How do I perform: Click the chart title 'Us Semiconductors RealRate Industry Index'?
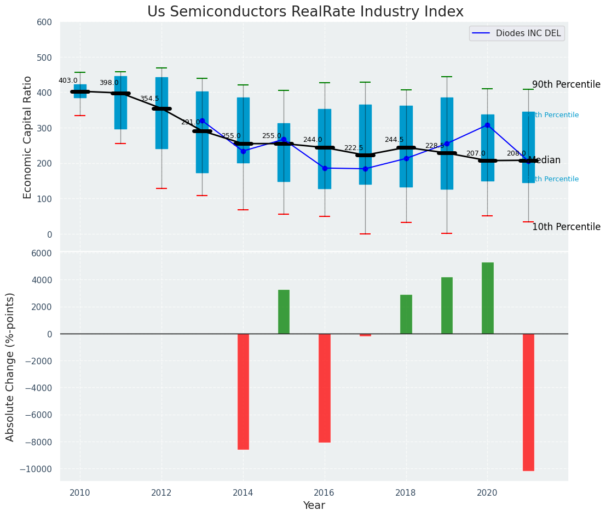[305, 12]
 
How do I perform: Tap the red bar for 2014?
[243, 391]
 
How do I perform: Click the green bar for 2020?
[487, 298]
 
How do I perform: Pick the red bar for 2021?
[528, 402]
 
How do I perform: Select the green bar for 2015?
[284, 312]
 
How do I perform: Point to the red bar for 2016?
[325, 388]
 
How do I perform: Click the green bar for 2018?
[406, 314]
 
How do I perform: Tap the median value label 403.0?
[68, 81]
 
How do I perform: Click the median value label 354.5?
[149, 99]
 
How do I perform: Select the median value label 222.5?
[353, 148]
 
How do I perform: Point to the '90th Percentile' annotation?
[566, 85]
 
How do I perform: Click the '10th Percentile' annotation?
[566, 227]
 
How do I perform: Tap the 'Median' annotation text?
[544, 160]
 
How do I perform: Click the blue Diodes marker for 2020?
[487, 125]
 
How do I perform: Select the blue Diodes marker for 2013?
[202, 121]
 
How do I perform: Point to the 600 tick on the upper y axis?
[44, 22]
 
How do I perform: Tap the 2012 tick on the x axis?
[161, 492]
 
